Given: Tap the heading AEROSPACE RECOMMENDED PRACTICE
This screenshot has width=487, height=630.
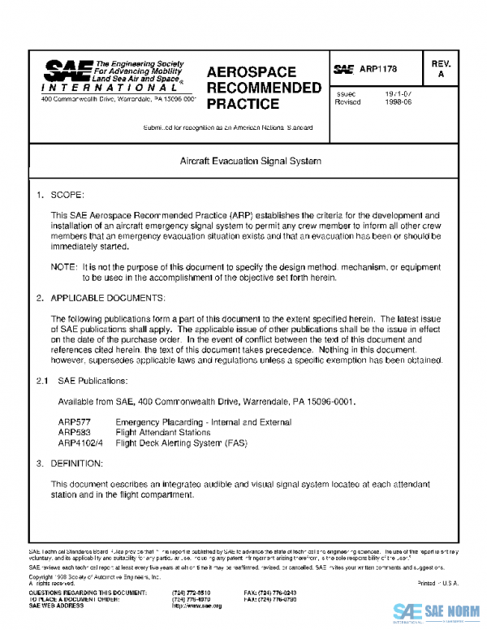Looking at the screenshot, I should pyautogui.click(x=264, y=88).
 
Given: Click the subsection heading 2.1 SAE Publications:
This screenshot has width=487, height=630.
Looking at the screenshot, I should pyautogui.click(x=81, y=381).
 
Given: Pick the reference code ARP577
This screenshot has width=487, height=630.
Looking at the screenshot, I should pyautogui.click(x=74, y=423).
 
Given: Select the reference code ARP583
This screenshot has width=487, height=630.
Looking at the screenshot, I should pyautogui.click(x=74, y=433).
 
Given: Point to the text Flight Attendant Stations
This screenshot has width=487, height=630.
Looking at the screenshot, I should pyautogui.click(x=163, y=433).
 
